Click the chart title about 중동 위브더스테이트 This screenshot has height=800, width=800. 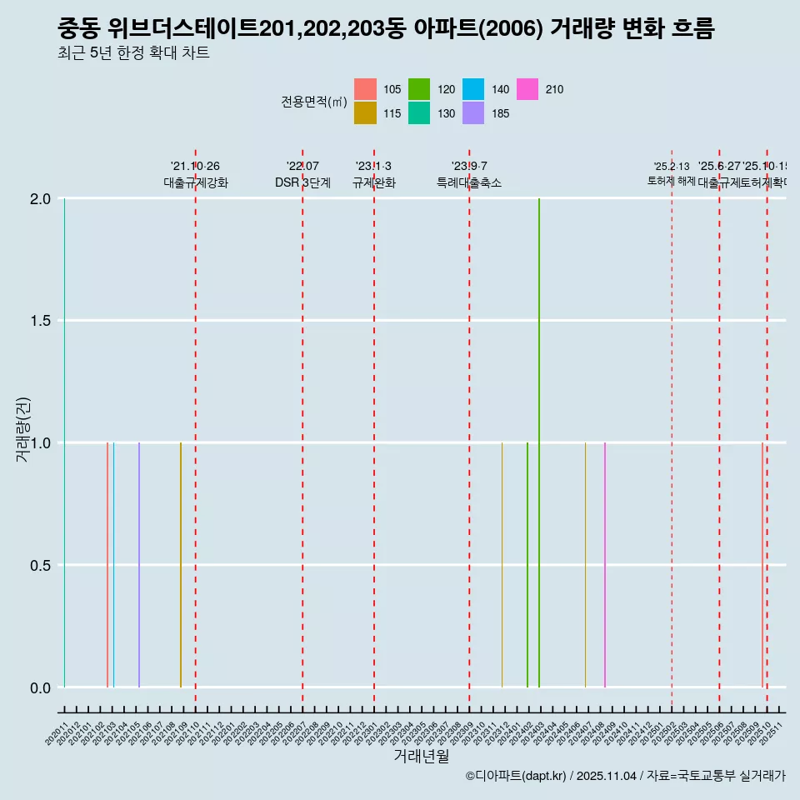tap(386, 29)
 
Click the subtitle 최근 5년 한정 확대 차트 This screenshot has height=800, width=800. tap(133, 53)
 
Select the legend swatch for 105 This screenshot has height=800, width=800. tap(365, 89)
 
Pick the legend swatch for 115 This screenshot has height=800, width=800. tap(365, 112)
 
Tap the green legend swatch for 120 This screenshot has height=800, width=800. tap(419, 89)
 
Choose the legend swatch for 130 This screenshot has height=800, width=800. tap(419, 112)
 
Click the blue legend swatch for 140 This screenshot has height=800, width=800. tap(473, 89)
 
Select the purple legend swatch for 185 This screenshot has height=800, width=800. tap(473, 112)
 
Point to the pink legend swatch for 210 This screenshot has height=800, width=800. tap(527, 89)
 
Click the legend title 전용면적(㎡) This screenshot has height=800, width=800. tap(313, 102)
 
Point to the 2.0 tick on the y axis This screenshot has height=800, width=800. tap(40, 199)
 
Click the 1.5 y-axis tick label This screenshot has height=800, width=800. tap(40, 322)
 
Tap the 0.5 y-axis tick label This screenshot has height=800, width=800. tap(40, 566)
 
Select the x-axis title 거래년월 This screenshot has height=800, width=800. tap(421, 757)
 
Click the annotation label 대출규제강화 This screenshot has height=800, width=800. tap(195, 182)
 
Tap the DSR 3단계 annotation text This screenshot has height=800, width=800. tap(302, 182)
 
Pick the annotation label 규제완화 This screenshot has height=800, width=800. tap(374, 182)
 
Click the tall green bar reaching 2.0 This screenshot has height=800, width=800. tap(539, 442)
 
